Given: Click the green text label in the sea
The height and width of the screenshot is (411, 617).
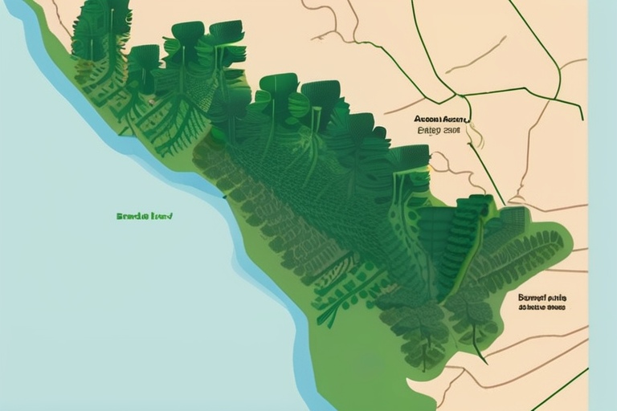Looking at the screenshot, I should [x=145, y=216].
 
